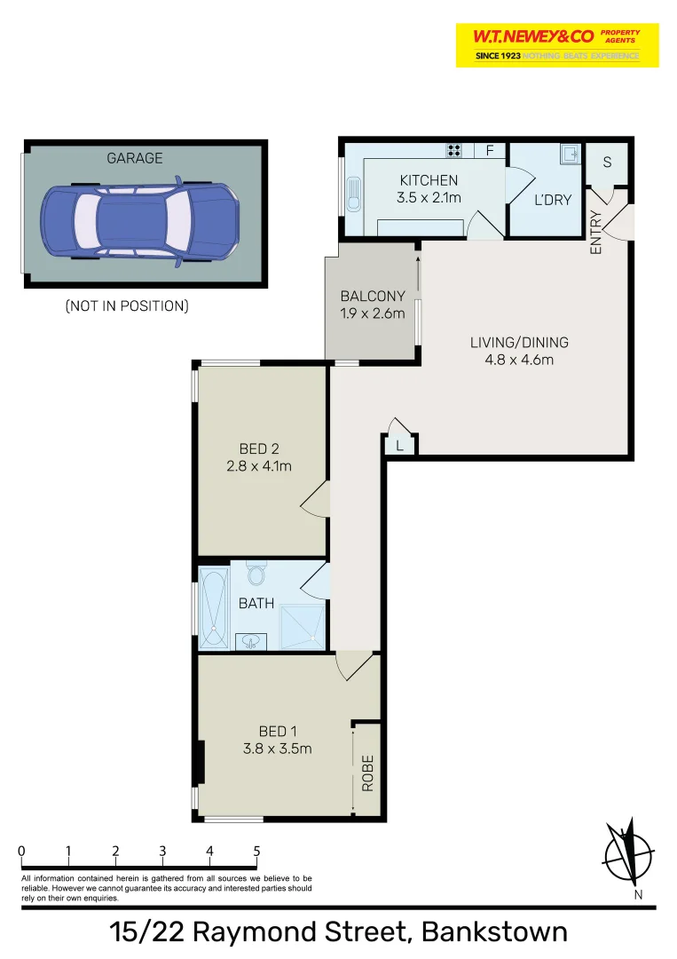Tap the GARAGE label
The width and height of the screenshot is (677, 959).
135,158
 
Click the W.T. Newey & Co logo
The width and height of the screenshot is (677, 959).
557,44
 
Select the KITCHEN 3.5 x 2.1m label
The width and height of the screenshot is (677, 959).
429,189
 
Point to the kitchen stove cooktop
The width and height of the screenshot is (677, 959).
454,151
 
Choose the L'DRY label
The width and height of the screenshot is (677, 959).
552,200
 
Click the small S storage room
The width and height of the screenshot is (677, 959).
608,162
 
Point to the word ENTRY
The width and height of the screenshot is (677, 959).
595,233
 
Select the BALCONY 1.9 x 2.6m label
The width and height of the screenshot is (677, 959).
373,305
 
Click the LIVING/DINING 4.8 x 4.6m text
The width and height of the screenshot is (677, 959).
519,351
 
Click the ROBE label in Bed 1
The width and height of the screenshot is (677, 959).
367,772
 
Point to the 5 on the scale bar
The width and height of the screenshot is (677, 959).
256,851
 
